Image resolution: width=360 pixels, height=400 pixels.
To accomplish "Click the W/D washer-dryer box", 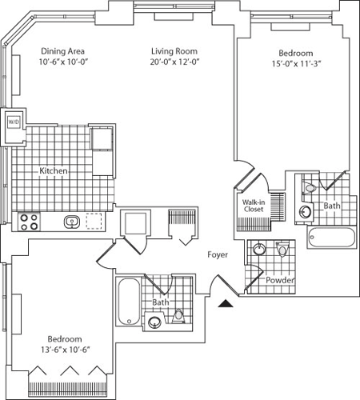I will pyautogui.click(x=14, y=122).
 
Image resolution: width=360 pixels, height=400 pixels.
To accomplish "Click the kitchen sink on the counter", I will pyautogui.click(x=71, y=222).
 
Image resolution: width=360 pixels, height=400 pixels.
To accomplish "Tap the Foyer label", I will pyautogui.click(x=218, y=254).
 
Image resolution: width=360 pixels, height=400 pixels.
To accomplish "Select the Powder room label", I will pyautogui.click(x=280, y=281).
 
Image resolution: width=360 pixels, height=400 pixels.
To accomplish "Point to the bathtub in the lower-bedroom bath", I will pyautogui.click(x=129, y=302).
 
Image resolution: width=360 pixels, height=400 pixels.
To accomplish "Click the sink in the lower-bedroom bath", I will pyautogui.click(x=154, y=323).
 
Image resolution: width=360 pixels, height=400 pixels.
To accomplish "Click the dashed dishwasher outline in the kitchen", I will pyautogui.click(x=96, y=221).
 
